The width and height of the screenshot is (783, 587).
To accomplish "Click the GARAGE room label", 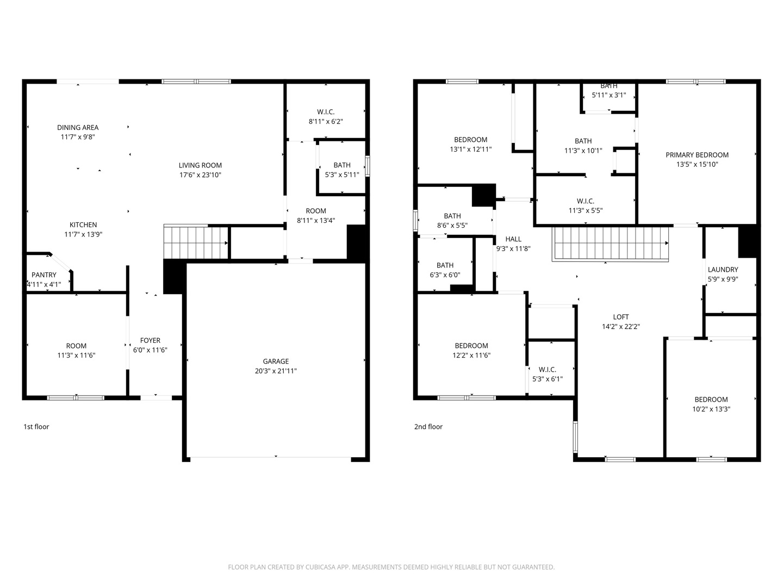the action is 276,361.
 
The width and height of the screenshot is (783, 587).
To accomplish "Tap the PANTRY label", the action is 44,275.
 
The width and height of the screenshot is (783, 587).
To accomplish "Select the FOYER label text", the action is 150,340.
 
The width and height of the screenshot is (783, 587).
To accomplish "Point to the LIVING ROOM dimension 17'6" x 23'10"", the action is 200,174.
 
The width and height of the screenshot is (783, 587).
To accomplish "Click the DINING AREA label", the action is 78,127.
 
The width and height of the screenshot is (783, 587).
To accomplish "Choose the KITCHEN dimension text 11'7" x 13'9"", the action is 83,234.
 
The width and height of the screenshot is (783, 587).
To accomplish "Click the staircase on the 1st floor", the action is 196,242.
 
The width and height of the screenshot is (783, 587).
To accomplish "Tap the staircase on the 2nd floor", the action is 610,245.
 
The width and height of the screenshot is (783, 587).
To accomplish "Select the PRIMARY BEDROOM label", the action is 697,155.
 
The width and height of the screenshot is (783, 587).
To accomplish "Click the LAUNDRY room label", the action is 723,270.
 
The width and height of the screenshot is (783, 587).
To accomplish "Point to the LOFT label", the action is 621,317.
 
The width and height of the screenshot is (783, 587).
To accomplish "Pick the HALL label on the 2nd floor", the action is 513,239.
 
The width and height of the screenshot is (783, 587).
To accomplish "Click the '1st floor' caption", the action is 36,427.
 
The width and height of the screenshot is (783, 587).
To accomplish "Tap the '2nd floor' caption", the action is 428,427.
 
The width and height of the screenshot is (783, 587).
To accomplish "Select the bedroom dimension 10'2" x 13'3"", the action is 711,409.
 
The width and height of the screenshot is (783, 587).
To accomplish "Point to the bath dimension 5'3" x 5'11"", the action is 342,174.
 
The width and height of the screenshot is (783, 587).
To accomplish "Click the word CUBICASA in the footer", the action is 320,567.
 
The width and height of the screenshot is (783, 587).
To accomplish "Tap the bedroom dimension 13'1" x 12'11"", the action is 471,149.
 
